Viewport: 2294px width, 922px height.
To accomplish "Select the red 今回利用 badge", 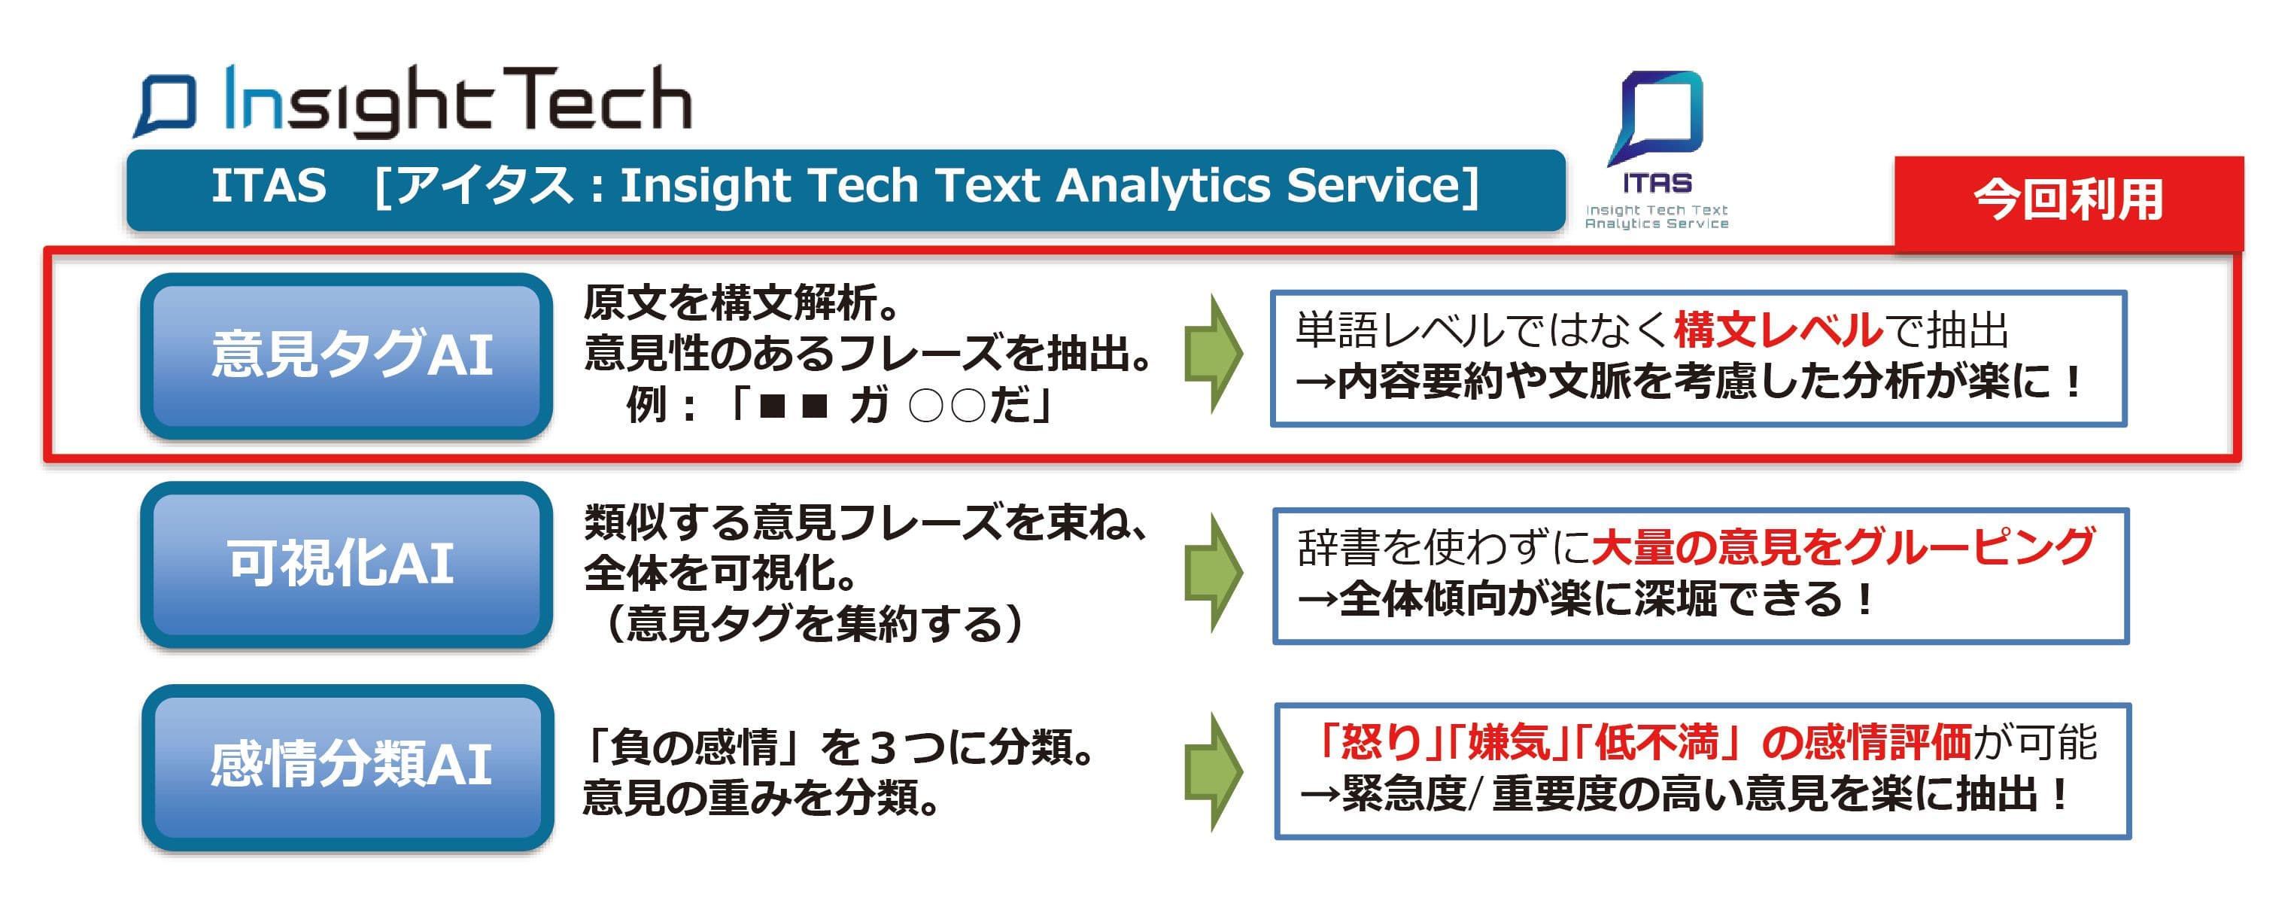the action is click(x=2068, y=199).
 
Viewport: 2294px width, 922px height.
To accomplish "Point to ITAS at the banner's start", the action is click(x=268, y=186).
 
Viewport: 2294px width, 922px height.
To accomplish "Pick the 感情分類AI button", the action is click(x=348, y=767).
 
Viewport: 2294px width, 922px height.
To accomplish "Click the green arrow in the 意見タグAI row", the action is click(x=1213, y=353).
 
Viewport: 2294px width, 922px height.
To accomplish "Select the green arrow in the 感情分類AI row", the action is click(x=1213, y=771).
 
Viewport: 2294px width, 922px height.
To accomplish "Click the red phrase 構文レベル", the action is click(x=1779, y=330).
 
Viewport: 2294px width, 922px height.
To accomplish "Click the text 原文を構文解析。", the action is click(x=743, y=303).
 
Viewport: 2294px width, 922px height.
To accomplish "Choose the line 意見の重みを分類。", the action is click(x=762, y=797).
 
